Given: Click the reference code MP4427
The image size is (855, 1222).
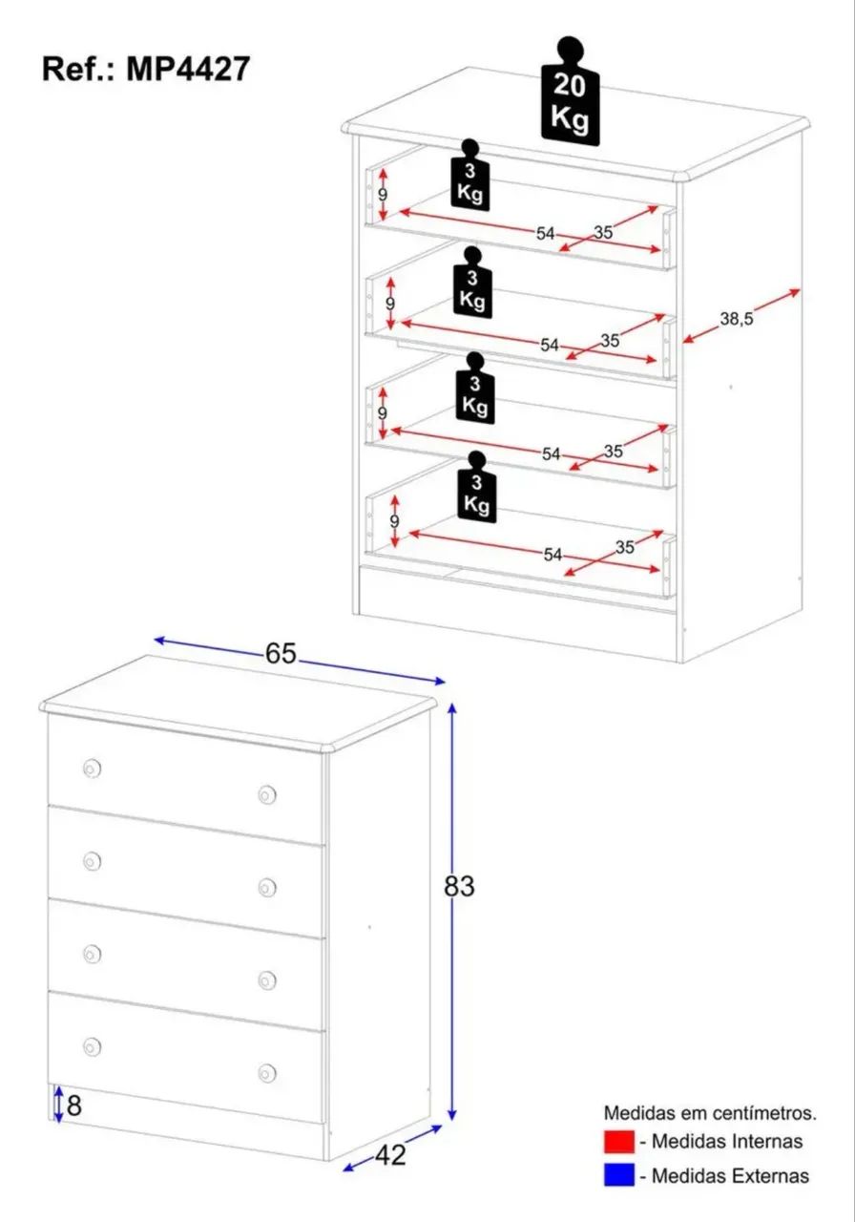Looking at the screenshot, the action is (x=188, y=70).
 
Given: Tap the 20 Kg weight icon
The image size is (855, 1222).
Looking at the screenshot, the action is (x=570, y=93).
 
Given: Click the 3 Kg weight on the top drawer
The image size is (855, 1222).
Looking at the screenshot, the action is (x=469, y=175).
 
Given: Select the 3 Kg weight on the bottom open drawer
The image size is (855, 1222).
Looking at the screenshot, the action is (x=476, y=487).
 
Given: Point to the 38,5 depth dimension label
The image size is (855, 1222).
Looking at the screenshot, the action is (x=736, y=319).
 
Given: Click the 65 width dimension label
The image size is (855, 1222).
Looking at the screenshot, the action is (x=281, y=654).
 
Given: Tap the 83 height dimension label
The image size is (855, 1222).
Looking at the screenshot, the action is (x=459, y=887).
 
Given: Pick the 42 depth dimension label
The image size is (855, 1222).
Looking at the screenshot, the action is (x=390, y=1155).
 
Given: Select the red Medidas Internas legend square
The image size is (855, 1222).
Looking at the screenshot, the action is (x=619, y=1142).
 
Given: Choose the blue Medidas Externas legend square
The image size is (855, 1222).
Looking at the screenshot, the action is (x=619, y=1174).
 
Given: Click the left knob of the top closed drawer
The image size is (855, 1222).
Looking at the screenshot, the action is (x=92, y=769).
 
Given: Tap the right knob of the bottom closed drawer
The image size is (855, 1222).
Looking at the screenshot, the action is (x=266, y=1073).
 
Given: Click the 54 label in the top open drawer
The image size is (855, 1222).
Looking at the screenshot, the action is (x=545, y=234).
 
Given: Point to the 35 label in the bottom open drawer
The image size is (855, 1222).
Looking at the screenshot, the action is (x=625, y=547).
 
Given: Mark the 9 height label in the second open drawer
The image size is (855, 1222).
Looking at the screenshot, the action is (x=390, y=304).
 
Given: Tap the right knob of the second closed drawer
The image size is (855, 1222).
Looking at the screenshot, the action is (x=266, y=888).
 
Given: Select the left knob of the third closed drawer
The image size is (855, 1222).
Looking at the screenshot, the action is (x=92, y=954).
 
